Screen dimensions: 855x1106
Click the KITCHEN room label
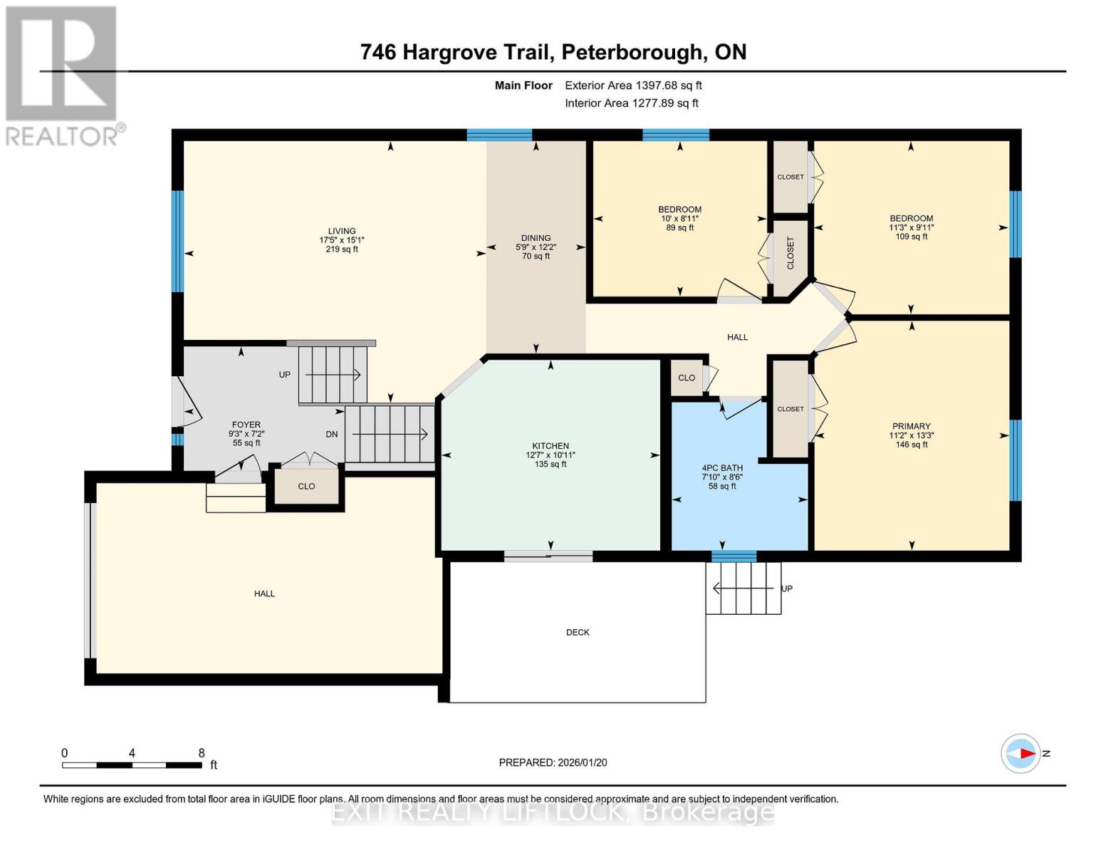[550, 446]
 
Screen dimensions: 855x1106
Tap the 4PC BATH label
[722, 468]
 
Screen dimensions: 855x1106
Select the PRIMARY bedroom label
[911, 426]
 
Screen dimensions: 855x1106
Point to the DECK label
[578, 632]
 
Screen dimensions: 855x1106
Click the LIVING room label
[342, 231]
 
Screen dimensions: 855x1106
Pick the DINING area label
[536, 238]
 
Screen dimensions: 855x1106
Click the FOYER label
[246, 425]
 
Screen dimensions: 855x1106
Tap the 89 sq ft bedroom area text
[679, 228]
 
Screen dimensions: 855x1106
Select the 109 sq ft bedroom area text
[911, 237]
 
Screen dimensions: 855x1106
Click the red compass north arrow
[1026, 753]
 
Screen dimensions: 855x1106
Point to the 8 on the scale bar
[202, 753]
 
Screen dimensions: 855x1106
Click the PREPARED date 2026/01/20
[553, 762]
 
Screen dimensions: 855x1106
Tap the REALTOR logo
[62, 75]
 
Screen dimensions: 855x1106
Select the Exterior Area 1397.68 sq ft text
[633, 85]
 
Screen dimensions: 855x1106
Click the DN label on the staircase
[332, 434]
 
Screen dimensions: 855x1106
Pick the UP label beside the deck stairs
[787, 589]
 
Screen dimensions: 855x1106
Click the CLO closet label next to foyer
[306, 486]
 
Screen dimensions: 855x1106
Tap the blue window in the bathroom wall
[734, 556]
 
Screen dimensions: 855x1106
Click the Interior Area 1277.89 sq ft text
[632, 103]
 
